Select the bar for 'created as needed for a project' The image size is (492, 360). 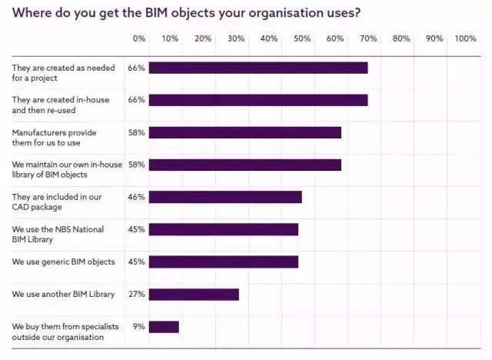point(258,68)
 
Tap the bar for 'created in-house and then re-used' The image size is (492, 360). point(258,100)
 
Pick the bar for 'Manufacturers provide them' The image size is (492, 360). point(244,132)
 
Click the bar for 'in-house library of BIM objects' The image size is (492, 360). point(244,165)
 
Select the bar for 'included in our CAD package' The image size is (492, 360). point(225,197)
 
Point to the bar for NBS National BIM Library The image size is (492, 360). point(224,229)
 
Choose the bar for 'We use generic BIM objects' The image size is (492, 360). point(224,262)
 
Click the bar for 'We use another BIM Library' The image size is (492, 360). point(194,294)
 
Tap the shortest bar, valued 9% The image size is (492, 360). point(164,326)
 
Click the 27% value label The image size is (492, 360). point(137,294)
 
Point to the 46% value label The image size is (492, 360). point(137,197)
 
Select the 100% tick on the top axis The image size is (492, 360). point(465,38)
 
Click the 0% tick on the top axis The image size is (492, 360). point(139,38)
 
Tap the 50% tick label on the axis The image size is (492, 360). point(302,38)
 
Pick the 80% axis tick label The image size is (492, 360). point(401,38)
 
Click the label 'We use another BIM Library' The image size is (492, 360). point(63,294)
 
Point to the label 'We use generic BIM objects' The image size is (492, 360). point(63,262)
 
